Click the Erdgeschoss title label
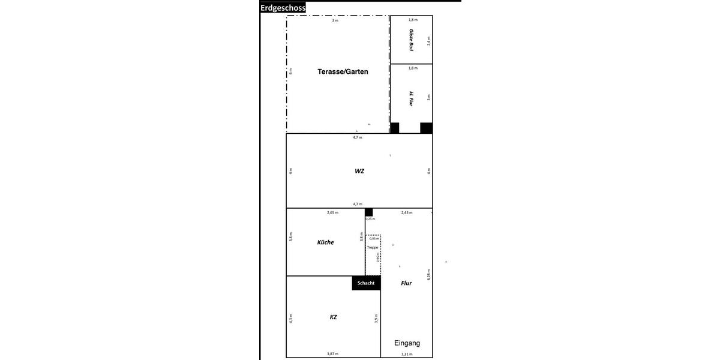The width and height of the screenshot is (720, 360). point(283,8)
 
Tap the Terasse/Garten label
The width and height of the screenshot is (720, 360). point(343,71)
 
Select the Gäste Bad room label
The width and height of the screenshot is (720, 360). point(411,40)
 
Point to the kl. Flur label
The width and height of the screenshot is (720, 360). point(411,98)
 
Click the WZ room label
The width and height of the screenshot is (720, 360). point(359,171)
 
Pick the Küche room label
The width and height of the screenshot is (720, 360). point(325,242)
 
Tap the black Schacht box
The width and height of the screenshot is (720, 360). point(366,283)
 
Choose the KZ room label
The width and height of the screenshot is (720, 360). point(333,317)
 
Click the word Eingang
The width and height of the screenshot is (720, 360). point(407,343)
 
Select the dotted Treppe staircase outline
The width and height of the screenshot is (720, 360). point(373,255)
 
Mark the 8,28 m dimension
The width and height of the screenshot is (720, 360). point(428,274)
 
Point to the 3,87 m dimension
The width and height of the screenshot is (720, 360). point(332,354)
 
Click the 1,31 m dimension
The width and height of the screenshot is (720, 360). point(407,354)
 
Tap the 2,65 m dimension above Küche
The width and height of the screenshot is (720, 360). point(332,212)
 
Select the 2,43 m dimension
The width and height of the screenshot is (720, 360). point(407,212)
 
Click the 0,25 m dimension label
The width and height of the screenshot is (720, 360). point(370,218)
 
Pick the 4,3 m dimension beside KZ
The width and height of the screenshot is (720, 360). point(290,319)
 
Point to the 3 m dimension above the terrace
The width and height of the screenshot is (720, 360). point(335,20)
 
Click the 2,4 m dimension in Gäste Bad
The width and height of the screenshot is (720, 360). point(428,41)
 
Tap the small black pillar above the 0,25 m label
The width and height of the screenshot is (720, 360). point(368,212)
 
